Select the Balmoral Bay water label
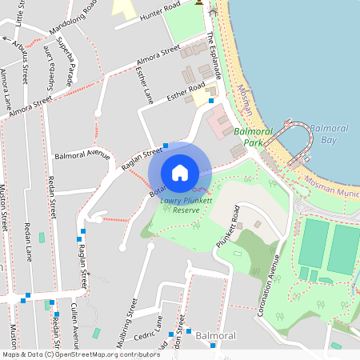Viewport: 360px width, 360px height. pos(329,134)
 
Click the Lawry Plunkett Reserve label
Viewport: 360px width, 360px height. pos(180,205)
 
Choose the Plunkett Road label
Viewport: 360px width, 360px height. pos(229,226)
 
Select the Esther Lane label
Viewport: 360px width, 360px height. pos(145,85)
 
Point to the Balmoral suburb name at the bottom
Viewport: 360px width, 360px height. pos(216,337)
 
